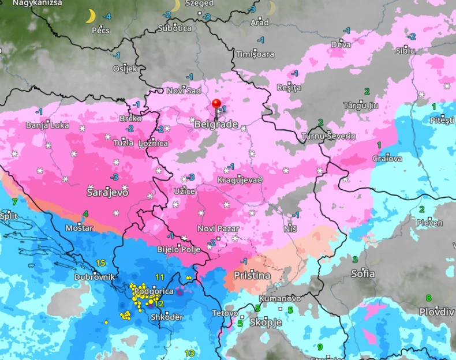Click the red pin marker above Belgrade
pyautogui.click(x=216, y=104)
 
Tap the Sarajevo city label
pyautogui.click(x=107, y=192)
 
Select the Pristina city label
pyautogui.click(x=252, y=276)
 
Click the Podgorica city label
pyautogui.click(x=154, y=291)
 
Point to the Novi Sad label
pyautogui.click(x=184, y=91)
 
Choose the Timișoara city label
pyautogui.click(x=255, y=54)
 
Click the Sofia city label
pyautogui.click(x=363, y=273)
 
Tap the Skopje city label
pyautogui.click(x=266, y=322)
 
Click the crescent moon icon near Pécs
pyautogui.click(x=90, y=16)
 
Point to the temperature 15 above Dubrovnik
pyautogui.click(x=100, y=263)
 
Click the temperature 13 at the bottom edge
pyautogui.click(x=189, y=353)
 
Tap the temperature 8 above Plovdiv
pyautogui.click(x=428, y=298)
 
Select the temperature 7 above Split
pyautogui.click(x=14, y=201)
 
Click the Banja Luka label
pyautogui.click(x=47, y=125)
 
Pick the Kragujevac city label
pyautogui.click(x=241, y=181)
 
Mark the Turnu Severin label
pyautogui.click(x=328, y=136)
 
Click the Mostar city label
pyautogui.click(x=79, y=228)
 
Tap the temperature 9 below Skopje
pyautogui.click(x=319, y=347)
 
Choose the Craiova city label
pyautogui.click(x=387, y=158)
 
